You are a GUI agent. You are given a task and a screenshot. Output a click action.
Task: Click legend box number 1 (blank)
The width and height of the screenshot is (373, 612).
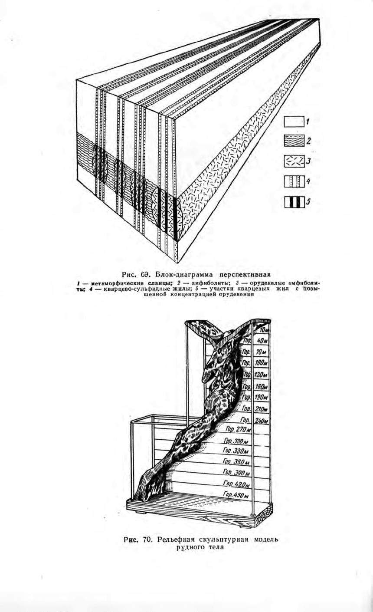click(x=294, y=122)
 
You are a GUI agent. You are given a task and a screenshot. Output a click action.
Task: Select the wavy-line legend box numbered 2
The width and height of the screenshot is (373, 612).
click(x=294, y=141)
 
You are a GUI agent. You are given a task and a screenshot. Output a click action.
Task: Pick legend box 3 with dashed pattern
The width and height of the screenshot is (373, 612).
click(x=294, y=162)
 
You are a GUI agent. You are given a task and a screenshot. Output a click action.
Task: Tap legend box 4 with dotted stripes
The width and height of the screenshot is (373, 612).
click(x=294, y=182)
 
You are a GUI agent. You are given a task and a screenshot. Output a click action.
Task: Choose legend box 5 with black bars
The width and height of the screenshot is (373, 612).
click(x=294, y=202)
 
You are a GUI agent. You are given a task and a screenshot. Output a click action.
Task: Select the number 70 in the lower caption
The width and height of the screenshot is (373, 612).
click(x=146, y=540)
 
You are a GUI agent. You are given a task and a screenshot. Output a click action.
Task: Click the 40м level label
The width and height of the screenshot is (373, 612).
click(x=262, y=341)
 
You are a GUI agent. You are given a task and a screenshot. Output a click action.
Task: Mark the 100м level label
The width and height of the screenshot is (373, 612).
click(x=262, y=363)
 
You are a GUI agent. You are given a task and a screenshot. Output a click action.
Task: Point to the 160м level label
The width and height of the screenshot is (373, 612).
click(x=262, y=386)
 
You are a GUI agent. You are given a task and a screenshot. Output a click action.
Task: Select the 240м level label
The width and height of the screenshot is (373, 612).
click(x=262, y=420)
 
